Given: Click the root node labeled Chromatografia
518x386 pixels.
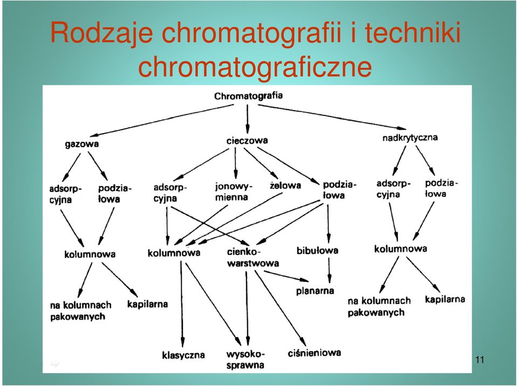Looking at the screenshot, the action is pyautogui.click(x=248, y=96).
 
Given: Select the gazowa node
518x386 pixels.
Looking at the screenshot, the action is pyautogui.click(x=82, y=144).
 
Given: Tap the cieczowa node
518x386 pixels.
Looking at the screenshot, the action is pyautogui.click(x=247, y=141).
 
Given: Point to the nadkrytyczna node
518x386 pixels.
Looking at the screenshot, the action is pyautogui.click(x=410, y=137).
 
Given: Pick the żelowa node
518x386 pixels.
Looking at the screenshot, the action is pyautogui.click(x=285, y=185).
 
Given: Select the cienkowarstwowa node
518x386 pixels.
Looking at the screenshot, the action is pyautogui.click(x=253, y=257).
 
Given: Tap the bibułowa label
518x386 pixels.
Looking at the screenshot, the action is pyautogui.click(x=317, y=250).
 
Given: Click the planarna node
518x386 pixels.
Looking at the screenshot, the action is pyautogui.click(x=315, y=291).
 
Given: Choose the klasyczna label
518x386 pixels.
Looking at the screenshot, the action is pyautogui.click(x=183, y=355).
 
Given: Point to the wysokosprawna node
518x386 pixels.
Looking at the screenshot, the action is pyautogui.click(x=246, y=360).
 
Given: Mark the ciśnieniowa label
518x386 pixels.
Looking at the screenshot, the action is pyautogui.click(x=314, y=353).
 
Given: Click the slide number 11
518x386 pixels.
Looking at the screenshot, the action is pyautogui.click(x=480, y=359).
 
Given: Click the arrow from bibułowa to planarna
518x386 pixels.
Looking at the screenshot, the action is pyautogui.click(x=329, y=270).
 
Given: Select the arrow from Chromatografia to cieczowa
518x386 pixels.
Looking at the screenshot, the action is pyautogui.click(x=248, y=119).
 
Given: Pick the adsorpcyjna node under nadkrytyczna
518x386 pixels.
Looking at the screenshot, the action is pyautogui.click(x=393, y=189).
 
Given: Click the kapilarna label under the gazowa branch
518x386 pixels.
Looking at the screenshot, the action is pyautogui.click(x=147, y=304).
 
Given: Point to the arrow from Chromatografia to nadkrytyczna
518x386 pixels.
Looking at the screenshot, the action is pyautogui.click(x=332, y=117).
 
